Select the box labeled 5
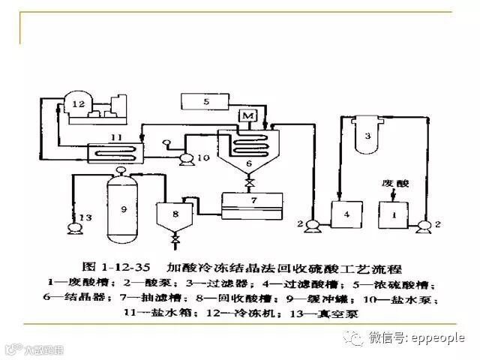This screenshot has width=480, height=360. click(x=206, y=101)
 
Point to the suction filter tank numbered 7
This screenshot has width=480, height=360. click(x=253, y=202)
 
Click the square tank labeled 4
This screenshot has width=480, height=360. click(x=346, y=214)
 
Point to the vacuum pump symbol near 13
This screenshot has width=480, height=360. click(x=73, y=227)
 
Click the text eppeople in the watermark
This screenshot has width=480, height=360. click(x=439, y=338)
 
